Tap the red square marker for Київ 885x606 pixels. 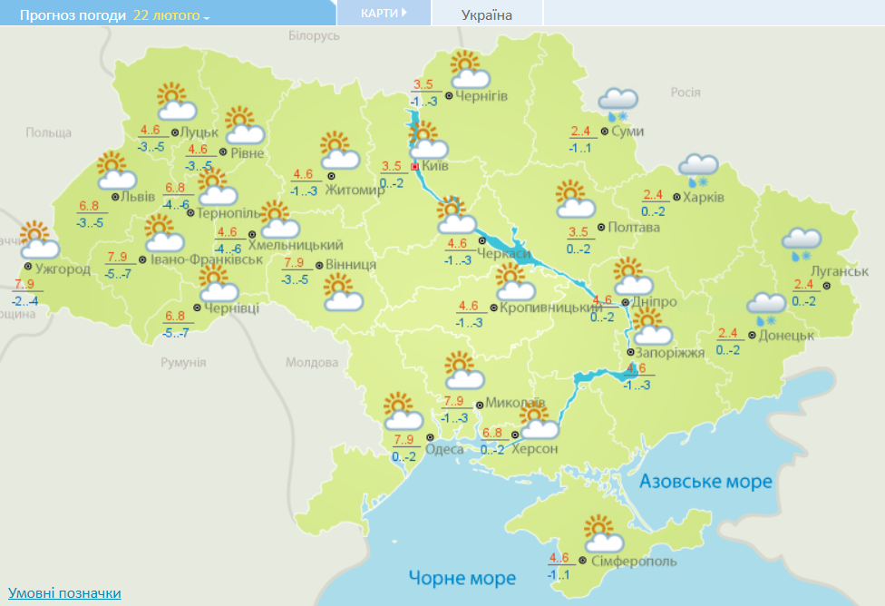tap(415, 167)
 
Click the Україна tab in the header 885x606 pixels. tap(487, 15)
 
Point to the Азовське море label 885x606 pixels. tap(706, 481)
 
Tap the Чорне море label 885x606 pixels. tap(462, 578)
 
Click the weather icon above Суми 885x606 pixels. tap(619, 103)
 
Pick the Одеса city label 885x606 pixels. tap(444, 449)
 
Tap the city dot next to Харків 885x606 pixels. tap(676, 197)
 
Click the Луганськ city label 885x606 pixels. tap(840, 271)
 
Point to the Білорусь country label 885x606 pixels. tap(314, 35)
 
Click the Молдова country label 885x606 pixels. tap(311, 363)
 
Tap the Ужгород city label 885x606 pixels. tap(63, 269)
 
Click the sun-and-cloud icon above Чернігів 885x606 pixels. tap(470, 71)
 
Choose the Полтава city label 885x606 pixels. tap(634, 227)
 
